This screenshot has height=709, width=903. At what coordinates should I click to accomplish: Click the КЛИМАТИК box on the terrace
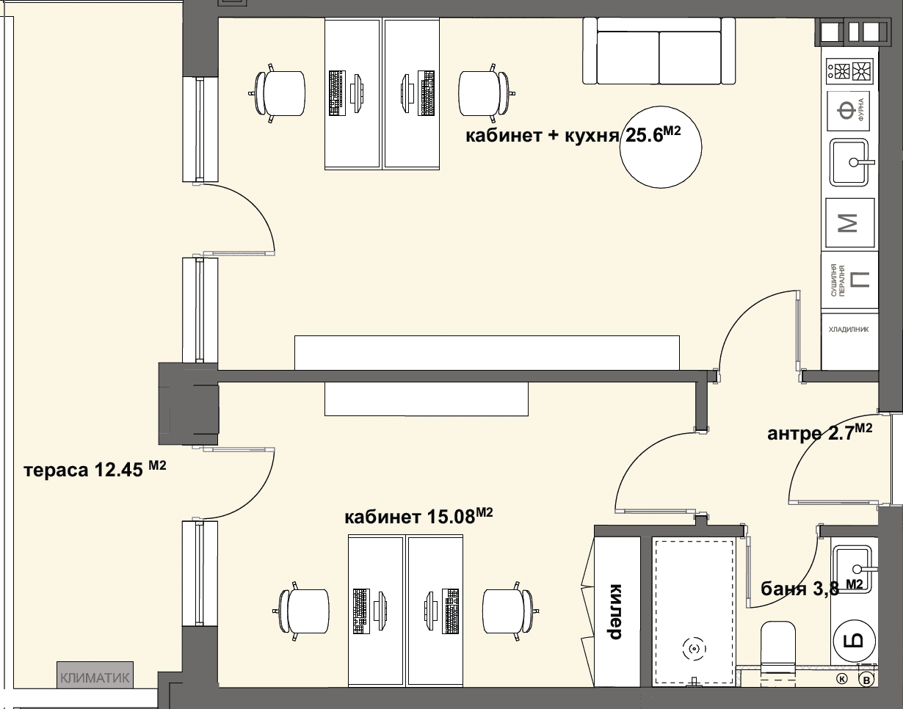(x=95, y=678)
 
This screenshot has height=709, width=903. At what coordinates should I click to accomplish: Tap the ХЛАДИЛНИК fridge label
(x=849, y=330)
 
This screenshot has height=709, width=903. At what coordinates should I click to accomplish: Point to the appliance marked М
(x=849, y=223)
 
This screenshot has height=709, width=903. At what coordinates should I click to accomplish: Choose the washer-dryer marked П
(x=849, y=280)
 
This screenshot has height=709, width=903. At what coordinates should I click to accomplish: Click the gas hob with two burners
(x=849, y=70)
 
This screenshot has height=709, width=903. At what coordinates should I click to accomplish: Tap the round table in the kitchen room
(x=661, y=148)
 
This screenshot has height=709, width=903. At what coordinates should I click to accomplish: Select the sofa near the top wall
(x=659, y=51)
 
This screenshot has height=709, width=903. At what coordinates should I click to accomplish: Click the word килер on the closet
(x=614, y=611)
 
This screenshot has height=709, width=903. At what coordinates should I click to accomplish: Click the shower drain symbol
(x=694, y=649)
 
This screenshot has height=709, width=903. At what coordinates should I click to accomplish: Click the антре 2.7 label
(x=819, y=432)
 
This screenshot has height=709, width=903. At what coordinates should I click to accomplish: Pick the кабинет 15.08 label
(x=418, y=516)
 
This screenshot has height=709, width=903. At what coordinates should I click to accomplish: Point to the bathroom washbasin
(x=855, y=570)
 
